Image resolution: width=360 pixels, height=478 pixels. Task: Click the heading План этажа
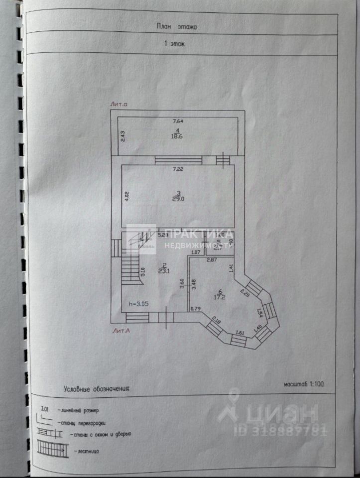point(177,27)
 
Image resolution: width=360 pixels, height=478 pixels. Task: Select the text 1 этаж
point(174,44)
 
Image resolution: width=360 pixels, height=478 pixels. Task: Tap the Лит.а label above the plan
point(120,105)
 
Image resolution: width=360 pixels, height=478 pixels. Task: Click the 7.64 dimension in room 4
point(178,120)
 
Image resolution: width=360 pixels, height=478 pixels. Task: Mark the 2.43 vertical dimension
point(123,136)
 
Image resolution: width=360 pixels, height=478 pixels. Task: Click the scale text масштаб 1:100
point(304,384)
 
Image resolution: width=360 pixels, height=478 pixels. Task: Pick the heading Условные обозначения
point(96,388)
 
